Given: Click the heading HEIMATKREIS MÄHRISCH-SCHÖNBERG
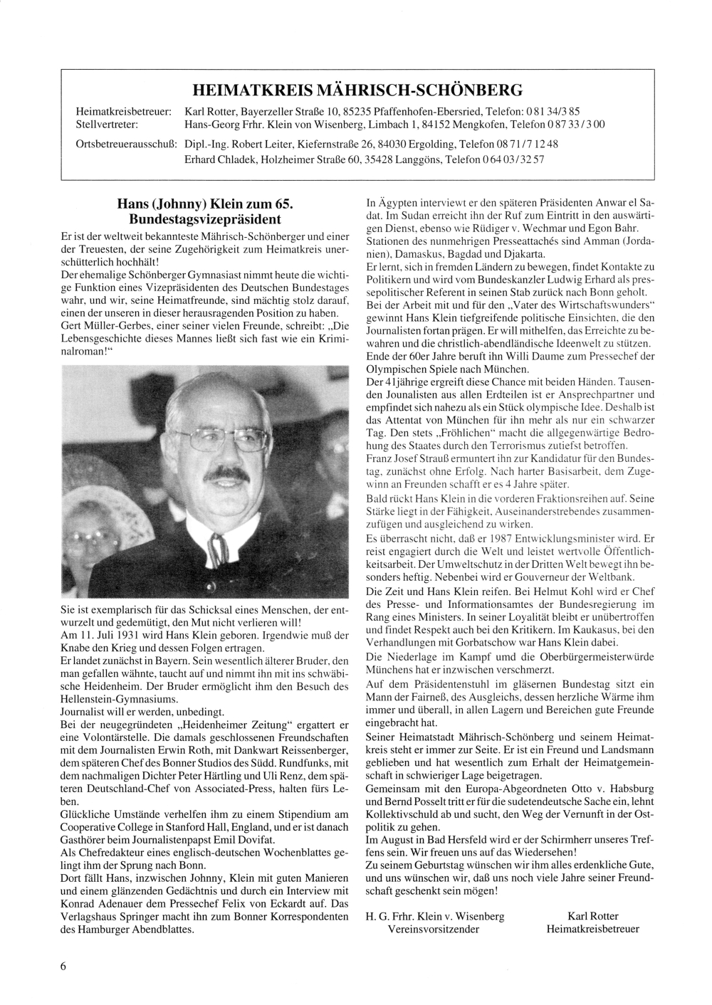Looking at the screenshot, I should (357, 90).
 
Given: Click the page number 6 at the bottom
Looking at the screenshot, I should (64, 966).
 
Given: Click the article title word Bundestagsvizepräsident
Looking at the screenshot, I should (206, 219).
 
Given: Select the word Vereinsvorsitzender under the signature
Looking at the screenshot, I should (433, 928).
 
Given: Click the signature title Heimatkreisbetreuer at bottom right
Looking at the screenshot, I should (592, 928).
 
